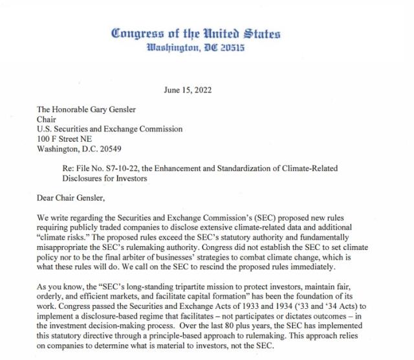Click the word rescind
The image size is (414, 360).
coord(250,267)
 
